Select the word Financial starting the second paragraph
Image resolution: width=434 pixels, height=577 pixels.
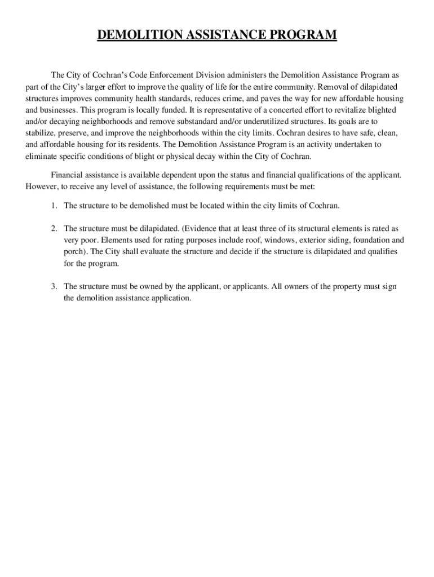68,175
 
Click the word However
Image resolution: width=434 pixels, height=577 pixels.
41,186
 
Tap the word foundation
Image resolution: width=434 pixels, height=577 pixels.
367,240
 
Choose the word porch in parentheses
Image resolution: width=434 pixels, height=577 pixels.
73,252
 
